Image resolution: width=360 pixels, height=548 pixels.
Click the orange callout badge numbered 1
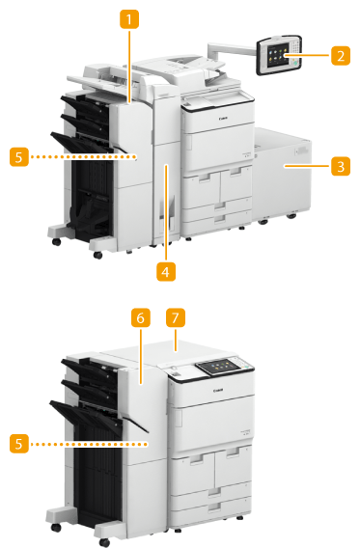129,19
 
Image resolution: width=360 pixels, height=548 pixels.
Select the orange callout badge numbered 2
341,55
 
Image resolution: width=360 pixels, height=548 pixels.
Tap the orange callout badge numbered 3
341,166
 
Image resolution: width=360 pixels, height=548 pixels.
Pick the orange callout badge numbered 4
166,271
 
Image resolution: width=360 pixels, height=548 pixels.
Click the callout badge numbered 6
141,317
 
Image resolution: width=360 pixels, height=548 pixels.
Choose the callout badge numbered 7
176,317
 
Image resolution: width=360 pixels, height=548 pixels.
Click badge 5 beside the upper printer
19,157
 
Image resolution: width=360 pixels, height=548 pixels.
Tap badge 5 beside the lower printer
19,444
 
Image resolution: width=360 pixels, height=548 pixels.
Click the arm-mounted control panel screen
278,55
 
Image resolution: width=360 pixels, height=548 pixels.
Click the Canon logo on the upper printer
223,119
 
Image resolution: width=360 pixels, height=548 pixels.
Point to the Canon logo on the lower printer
218,390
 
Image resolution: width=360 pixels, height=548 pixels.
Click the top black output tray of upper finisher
84,104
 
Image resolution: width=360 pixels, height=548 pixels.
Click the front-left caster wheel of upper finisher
56,241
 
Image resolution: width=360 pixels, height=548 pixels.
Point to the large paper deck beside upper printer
282,173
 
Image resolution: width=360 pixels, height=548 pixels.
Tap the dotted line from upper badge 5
83,157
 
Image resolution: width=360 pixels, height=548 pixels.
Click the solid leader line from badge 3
307,166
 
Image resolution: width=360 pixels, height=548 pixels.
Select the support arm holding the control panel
231,50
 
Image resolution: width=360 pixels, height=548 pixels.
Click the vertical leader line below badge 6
141,356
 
